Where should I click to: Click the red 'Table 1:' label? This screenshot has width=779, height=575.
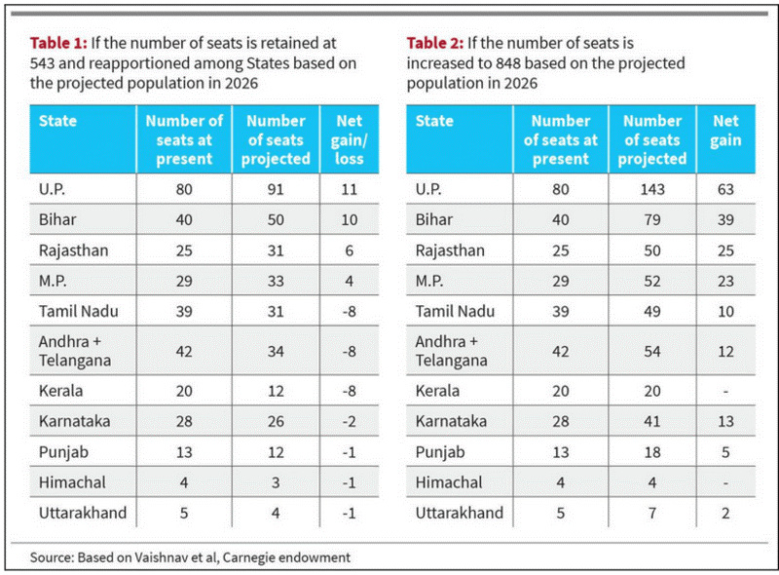click(x=58, y=43)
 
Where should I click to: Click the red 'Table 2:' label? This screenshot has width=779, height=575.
click(x=434, y=43)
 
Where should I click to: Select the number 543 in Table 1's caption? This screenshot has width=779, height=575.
click(x=42, y=63)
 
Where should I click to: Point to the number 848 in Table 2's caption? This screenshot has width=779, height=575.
click(x=507, y=63)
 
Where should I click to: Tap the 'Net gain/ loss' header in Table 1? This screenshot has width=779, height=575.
click(x=350, y=139)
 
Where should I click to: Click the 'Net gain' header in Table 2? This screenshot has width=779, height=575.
click(x=725, y=131)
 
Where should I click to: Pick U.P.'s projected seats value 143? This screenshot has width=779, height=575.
click(x=652, y=189)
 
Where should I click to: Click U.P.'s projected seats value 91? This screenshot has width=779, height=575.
click(x=276, y=189)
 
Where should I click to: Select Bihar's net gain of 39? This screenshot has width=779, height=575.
click(x=725, y=220)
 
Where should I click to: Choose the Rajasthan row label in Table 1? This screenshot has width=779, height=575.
click(x=74, y=250)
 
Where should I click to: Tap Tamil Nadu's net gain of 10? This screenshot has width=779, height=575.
click(x=725, y=311)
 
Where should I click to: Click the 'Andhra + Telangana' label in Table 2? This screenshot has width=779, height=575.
click(x=451, y=351)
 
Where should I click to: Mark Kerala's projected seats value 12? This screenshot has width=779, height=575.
click(x=276, y=391)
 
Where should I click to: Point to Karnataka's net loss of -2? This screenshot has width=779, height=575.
click(x=350, y=422)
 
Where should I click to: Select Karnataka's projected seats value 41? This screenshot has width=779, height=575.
click(x=652, y=422)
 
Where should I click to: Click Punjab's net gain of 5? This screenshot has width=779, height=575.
click(x=725, y=452)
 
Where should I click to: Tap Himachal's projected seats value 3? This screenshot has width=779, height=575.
click(x=276, y=482)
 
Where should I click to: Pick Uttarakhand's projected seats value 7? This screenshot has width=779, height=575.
click(x=652, y=513)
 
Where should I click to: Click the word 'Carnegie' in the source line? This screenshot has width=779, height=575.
click(x=248, y=557)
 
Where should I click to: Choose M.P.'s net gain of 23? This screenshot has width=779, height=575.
click(x=725, y=281)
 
